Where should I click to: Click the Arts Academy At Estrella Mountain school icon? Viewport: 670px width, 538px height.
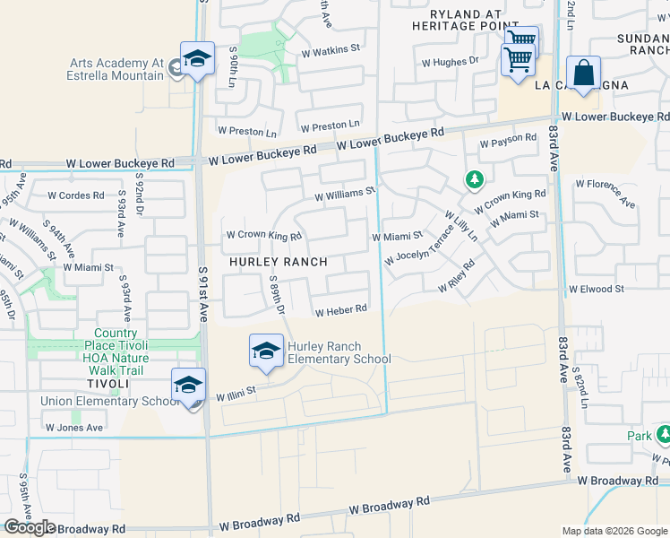pyautogui.click(x=197, y=60)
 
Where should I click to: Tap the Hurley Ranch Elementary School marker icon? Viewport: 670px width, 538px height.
pyautogui.click(x=266, y=352)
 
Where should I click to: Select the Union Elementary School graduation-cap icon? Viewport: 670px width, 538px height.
pyautogui.click(x=189, y=386)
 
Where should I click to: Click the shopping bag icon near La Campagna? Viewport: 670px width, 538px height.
pyautogui.click(x=583, y=74)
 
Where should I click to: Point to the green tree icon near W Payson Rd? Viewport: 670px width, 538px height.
pyautogui.click(x=474, y=180)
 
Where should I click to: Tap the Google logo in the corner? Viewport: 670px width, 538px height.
pyautogui.click(x=30, y=527)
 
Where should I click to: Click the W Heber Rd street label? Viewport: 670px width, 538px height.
pyautogui.click(x=341, y=310)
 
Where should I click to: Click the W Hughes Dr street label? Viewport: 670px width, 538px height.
pyautogui.click(x=450, y=62)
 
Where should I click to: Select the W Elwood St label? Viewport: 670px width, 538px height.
pyautogui.click(x=596, y=290)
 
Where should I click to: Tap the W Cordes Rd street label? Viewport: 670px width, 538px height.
pyautogui.click(x=76, y=195)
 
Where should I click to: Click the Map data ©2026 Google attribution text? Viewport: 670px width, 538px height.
pyautogui.click(x=614, y=531)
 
